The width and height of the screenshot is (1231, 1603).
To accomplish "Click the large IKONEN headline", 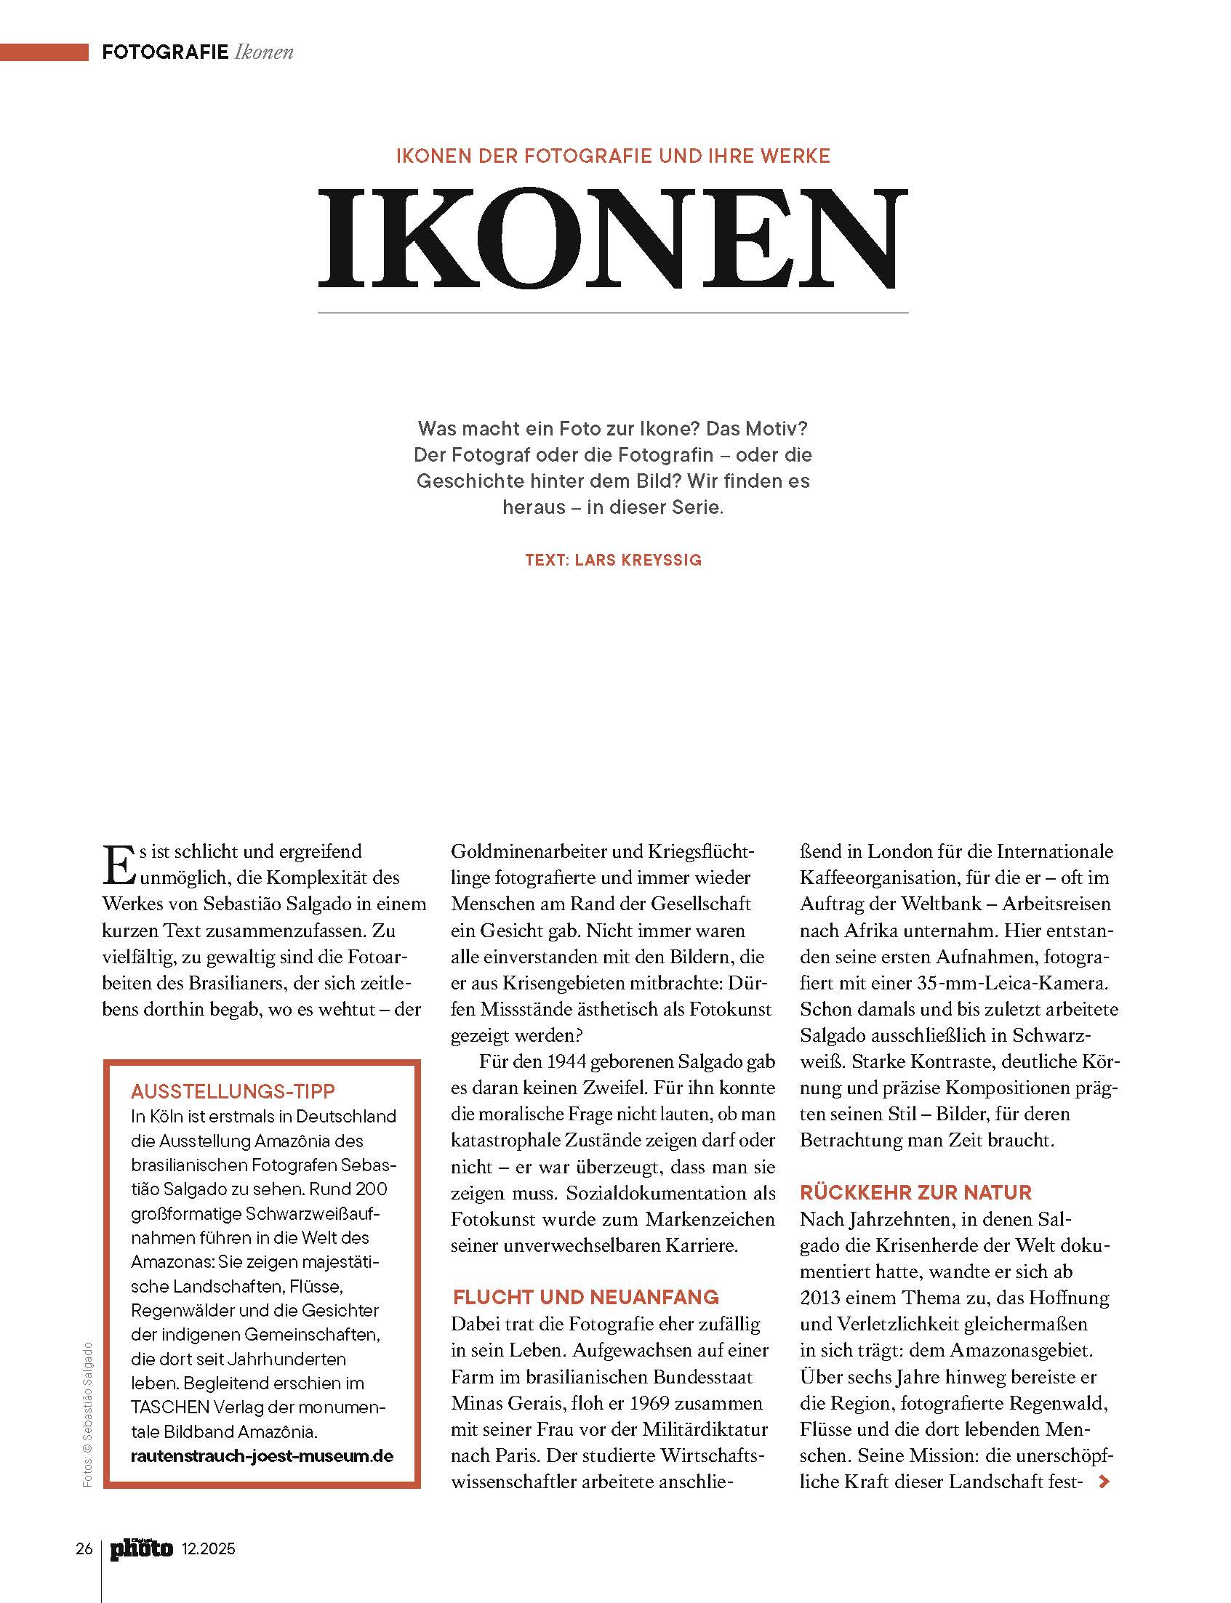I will [612, 238].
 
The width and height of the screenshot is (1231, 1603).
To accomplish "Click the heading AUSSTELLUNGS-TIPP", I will [232, 1092].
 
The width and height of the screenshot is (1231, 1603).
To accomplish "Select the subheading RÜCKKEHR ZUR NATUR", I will [915, 1192].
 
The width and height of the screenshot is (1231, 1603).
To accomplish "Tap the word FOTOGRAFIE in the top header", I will [166, 53].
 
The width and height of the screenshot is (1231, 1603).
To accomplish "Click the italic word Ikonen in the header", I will [265, 53].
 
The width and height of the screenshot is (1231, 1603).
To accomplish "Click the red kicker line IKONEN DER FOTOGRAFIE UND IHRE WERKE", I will [612, 156].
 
